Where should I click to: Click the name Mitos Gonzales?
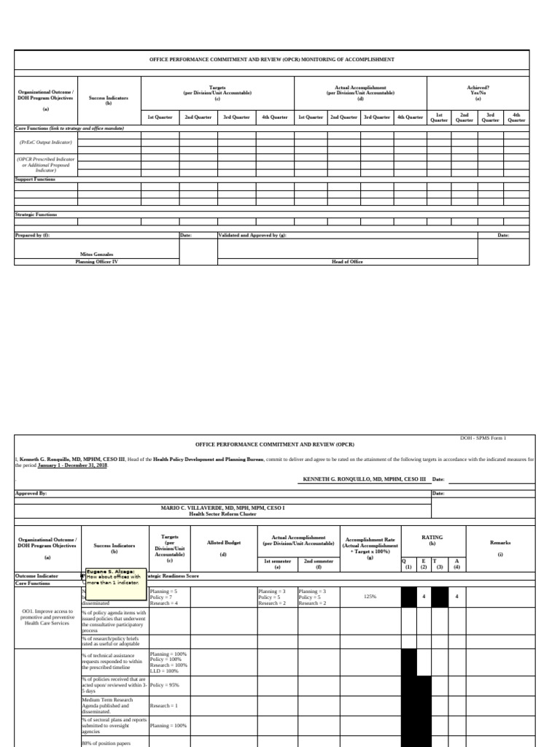point(97,255)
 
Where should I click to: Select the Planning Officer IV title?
point(97,261)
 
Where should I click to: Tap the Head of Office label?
point(347,261)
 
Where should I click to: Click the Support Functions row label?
point(35,179)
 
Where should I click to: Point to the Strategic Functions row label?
point(36,214)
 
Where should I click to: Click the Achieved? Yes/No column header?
point(478,92)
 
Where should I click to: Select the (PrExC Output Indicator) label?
point(45,142)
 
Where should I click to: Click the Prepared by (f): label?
point(33,235)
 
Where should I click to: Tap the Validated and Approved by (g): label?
point(252,235)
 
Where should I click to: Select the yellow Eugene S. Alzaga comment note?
point(116,577)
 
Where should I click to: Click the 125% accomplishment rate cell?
point(370,596)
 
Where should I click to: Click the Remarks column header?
point(500,543)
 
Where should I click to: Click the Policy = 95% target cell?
point(164,685)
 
